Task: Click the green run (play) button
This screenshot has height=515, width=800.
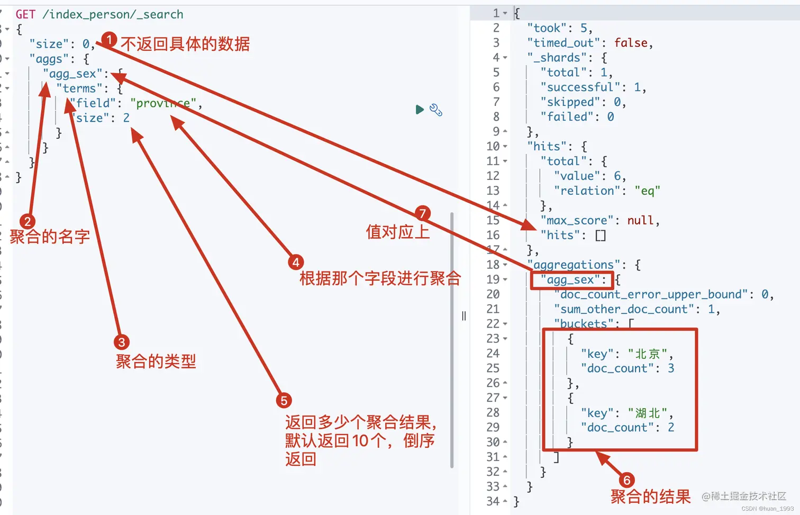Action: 420,110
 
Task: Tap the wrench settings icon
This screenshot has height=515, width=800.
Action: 436,110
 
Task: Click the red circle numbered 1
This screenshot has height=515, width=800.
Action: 109,39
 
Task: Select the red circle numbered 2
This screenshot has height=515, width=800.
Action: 27,221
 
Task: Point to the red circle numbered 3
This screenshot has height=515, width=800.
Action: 121,342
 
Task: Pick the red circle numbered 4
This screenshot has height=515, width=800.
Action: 296,262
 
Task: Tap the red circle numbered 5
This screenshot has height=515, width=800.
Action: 284,400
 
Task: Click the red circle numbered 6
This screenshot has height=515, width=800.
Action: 626,480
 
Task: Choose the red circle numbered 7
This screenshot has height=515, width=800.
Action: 422,213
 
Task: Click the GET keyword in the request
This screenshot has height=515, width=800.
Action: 25,14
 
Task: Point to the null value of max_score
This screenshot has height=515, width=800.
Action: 640,220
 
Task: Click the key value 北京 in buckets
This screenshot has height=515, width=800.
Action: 648,354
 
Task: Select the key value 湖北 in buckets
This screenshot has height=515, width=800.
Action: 648,413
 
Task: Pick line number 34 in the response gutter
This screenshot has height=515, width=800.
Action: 493,501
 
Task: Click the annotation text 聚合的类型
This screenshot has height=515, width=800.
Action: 156,362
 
